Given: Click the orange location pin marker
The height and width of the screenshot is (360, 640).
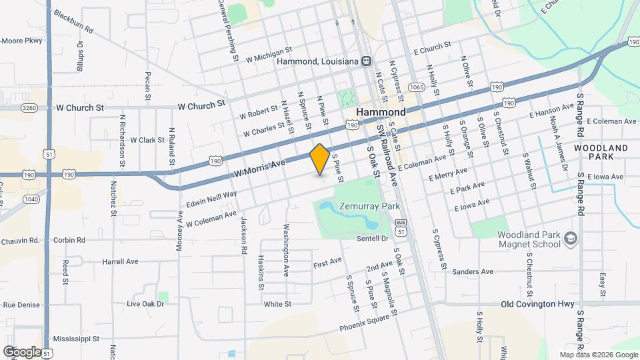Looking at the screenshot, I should [319, 159].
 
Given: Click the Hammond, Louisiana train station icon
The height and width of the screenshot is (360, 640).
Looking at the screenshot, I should [366, 61].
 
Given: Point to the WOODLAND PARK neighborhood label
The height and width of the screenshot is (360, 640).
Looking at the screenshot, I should [601, 151].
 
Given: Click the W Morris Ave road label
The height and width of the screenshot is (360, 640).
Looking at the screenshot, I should [259, 167].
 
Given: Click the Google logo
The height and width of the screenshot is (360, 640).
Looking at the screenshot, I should [21, 351].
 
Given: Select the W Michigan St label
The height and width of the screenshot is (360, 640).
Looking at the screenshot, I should [269, 54].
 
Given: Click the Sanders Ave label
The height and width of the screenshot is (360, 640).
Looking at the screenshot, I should [472, 272].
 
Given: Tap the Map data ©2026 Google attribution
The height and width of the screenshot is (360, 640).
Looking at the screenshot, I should [599, 355].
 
